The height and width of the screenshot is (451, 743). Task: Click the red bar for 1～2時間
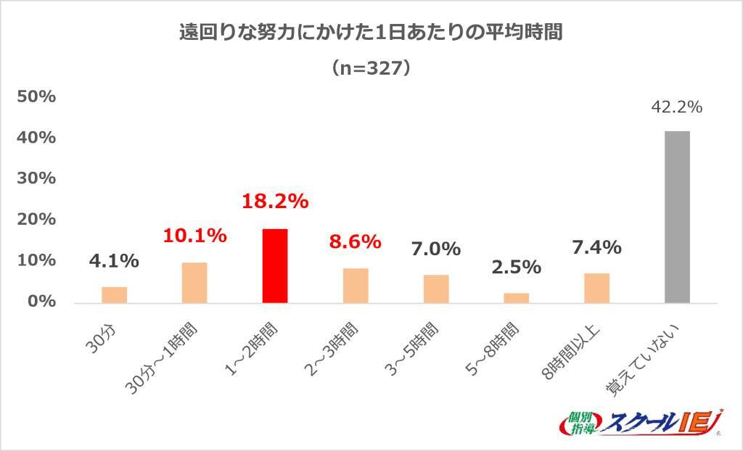275,266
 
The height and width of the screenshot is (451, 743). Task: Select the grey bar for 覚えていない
677,217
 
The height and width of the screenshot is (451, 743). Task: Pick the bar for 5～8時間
516,298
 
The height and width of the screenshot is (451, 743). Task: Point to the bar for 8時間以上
596,288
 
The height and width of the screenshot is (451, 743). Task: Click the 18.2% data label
275,202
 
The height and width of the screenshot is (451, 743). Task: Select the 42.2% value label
676,107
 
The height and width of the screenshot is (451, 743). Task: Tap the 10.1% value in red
194,236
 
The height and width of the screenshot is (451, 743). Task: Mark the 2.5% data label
516,267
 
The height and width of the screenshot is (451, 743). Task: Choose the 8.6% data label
355,241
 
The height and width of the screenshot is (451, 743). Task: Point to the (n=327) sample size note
371,68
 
